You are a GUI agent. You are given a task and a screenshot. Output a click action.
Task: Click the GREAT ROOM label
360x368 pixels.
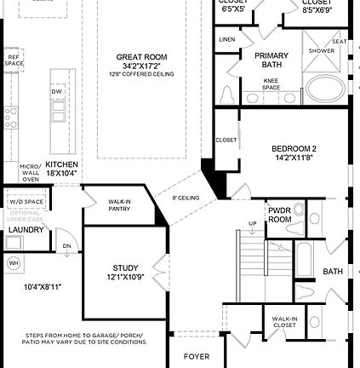[x=141, y=57]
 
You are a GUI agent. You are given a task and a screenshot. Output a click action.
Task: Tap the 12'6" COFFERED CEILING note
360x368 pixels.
[x=141, y=74]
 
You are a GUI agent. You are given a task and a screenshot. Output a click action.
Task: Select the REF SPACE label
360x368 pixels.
[x=14, y=60]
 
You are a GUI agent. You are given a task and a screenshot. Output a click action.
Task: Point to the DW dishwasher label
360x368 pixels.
[x=57, y=91]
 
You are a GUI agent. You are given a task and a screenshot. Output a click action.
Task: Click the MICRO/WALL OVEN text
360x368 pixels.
[x=30, y=173]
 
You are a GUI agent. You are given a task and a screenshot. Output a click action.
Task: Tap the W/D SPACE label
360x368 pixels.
[x=26, y=202]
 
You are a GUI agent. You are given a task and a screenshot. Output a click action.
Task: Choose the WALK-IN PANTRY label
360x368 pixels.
[x=119, y=205]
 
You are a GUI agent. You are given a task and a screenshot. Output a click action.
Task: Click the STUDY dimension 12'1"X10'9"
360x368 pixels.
[x=125, y=278]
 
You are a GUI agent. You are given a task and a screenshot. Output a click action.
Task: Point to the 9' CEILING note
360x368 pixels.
[x=186, y=198]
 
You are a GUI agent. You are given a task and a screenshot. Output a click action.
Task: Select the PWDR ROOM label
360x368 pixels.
[x=280, y=214]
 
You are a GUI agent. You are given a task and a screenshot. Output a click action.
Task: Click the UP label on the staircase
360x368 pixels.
[x=252, y=224]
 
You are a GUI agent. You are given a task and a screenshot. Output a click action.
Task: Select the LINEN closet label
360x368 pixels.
[x=226, y=40]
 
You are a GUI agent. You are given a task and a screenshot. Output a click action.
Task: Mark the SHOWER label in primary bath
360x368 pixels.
[x=321, y=50]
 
